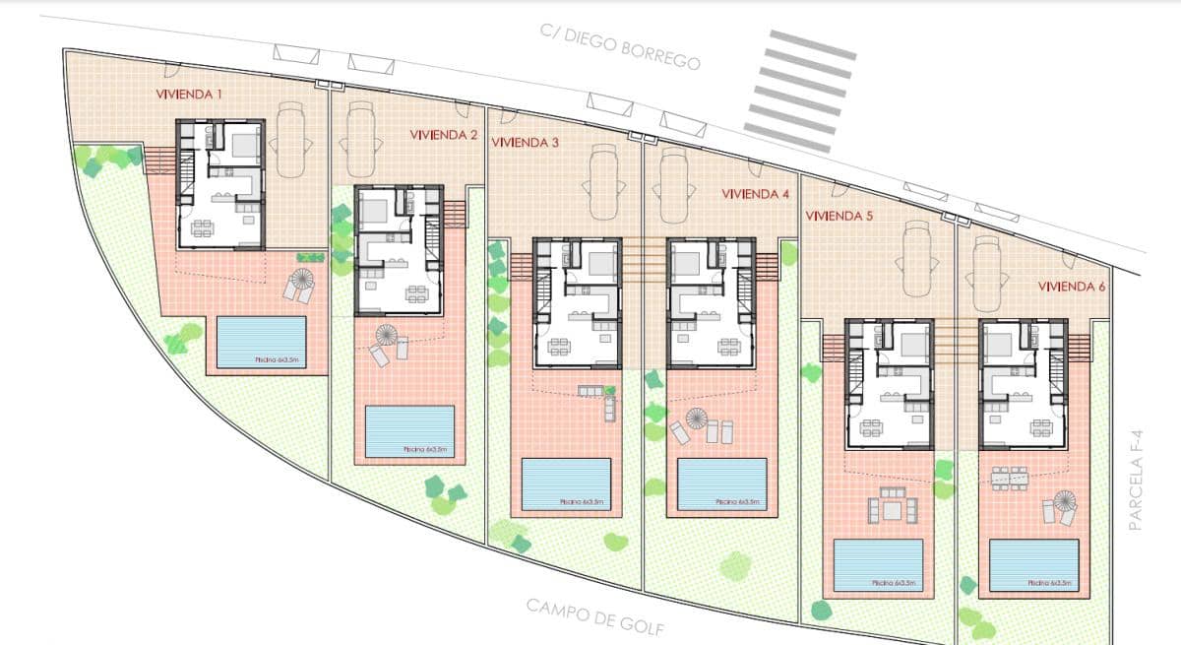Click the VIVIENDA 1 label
(x=189, y=95)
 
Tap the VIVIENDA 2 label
(x=443, y=135)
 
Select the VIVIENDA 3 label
(x=525, y=143)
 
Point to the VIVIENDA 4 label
(x=755, y=194)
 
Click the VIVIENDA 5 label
(x=839, y=215)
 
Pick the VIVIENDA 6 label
(x=1072, y=286)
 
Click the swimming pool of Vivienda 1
(x=261, y=342)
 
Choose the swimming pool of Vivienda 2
(x=409, y=431)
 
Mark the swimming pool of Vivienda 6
(x=1034, y=565)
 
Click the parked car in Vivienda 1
(x=291, y=140)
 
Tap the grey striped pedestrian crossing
(x=800, y=91)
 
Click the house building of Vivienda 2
(x=399, y=249)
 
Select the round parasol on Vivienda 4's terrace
(x=697, y=418)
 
